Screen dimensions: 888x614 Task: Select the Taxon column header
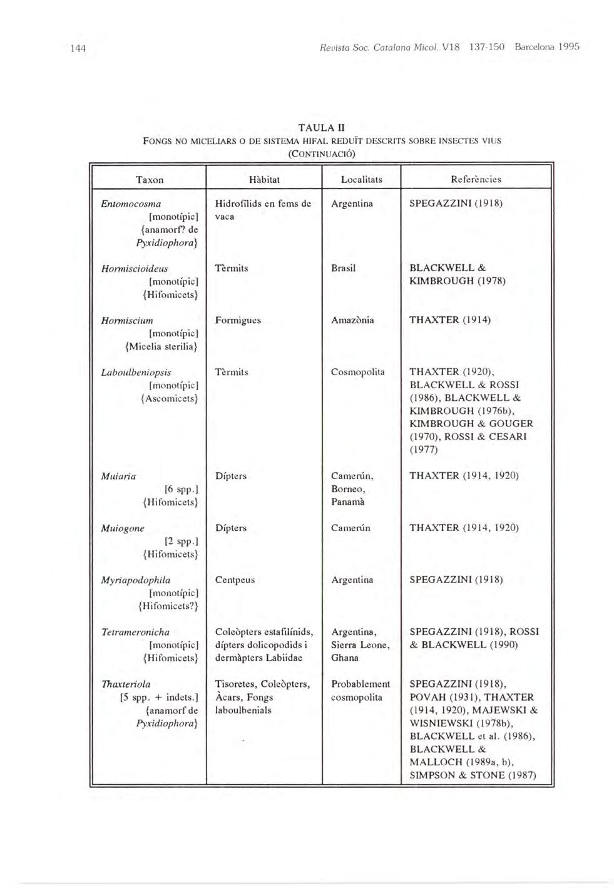coord(150,180)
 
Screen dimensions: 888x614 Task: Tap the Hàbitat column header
coord(264,180)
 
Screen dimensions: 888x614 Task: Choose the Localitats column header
coord(361,180)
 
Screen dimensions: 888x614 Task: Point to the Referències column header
coord(476,180)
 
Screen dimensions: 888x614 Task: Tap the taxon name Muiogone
coord(123,529)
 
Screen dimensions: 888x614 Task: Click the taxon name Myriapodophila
coord(136,581)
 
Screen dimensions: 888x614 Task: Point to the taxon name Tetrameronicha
coord(135,632)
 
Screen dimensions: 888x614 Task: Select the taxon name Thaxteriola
coord(126,684)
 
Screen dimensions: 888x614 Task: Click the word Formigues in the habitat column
coord(238,321)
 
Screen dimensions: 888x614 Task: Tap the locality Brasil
coord(343,269)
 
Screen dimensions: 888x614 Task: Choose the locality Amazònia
coord(352,321)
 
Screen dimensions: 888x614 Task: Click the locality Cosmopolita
coord(357,373)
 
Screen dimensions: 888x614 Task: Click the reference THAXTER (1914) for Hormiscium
coord(449,321)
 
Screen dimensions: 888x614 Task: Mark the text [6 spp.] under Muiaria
coord(181,489)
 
